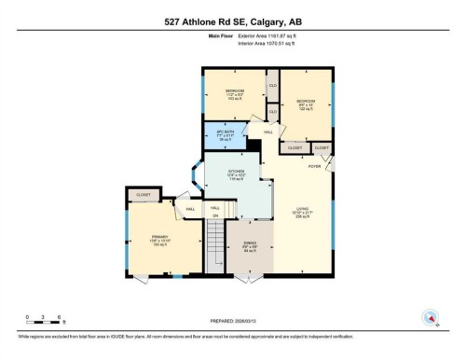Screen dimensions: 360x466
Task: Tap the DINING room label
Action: click(250, 249)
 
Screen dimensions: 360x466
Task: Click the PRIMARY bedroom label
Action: click(158, 240)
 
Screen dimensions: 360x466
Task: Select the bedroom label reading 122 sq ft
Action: click(306, 104)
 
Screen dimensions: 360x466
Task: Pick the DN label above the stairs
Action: click(214, 215)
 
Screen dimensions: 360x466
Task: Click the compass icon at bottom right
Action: click(429, 317)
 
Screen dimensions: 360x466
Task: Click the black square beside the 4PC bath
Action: click(254, 146)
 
